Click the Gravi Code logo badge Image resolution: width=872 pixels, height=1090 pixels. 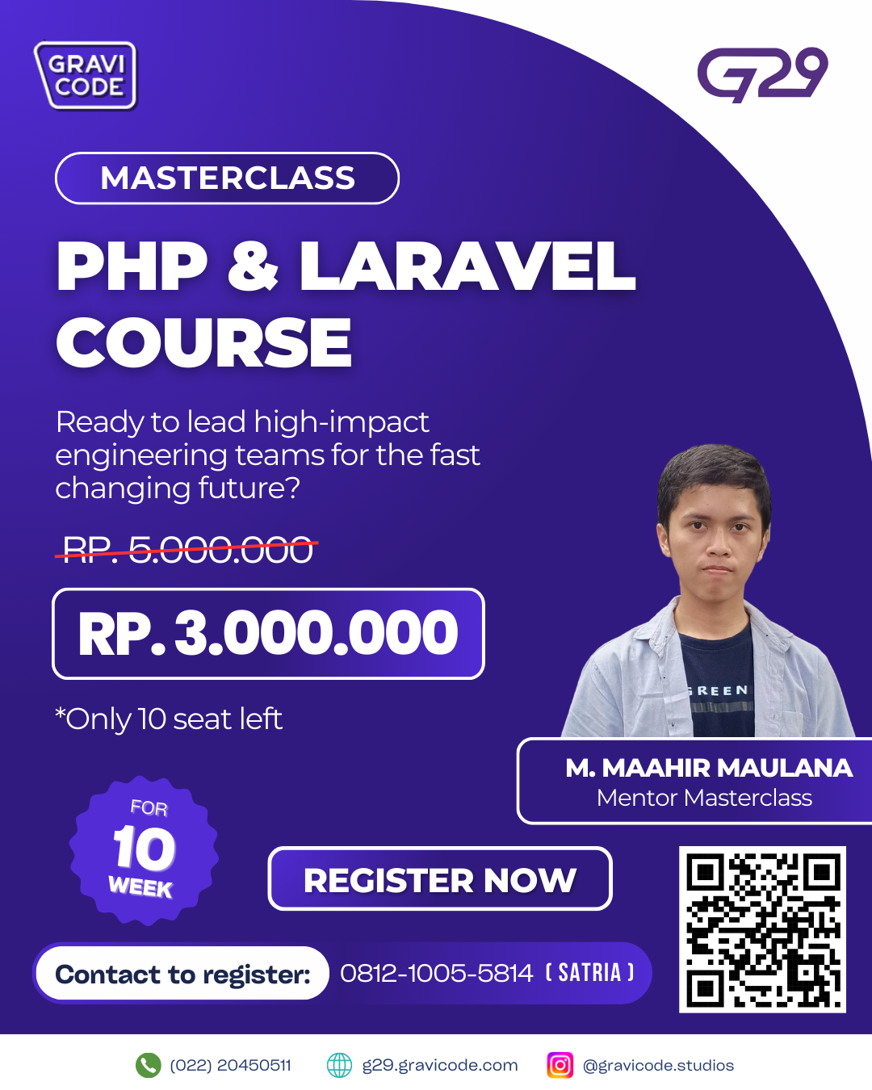pyautogui.click(x=86, y=75)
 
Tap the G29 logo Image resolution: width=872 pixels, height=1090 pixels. pyautogui.click(x=762, y=74)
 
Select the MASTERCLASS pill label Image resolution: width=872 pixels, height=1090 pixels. pyautogui.click(x=227, y=178)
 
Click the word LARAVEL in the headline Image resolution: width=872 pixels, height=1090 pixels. pyautogui.click(x=467, y=266)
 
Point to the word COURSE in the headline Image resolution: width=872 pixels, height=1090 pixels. pyautogui.click(x=203, y=342)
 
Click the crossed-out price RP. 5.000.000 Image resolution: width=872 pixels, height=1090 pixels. pyautogui.click(x=187, y=549)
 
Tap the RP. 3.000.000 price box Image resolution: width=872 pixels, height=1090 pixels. pyautogui.click(x=268, y=633)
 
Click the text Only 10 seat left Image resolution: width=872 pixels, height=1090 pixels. pyautogui.click(x=169, y=719)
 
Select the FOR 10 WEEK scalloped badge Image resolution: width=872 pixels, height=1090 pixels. pyautogui.click(x=144, y=850)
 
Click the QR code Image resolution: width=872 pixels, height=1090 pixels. pyautogui.click(x=762, y=929)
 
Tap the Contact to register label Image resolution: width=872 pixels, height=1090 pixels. pyautogui.click(x=182, y=974)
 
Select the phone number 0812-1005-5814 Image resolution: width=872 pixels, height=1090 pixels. pyautogui.click(x=436, y=973)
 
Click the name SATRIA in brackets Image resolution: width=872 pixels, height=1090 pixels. pyautogui.click(x=589, y=972)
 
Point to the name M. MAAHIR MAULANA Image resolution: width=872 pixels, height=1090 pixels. pyautogui.click(x=709, y=768)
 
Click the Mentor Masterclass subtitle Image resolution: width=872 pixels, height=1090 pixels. pyautogui.click(x=704, y=798)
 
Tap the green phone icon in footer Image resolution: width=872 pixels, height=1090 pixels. pyautogui.click(x=148, y=1065)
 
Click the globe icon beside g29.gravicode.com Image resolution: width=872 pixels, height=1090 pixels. pyautogui.click(x=339, y=1065)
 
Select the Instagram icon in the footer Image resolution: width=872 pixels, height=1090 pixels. pyautogui.click(x=560, y=1065)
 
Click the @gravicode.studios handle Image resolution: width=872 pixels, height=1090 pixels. pyautogui.click(x=658, y=1066)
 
